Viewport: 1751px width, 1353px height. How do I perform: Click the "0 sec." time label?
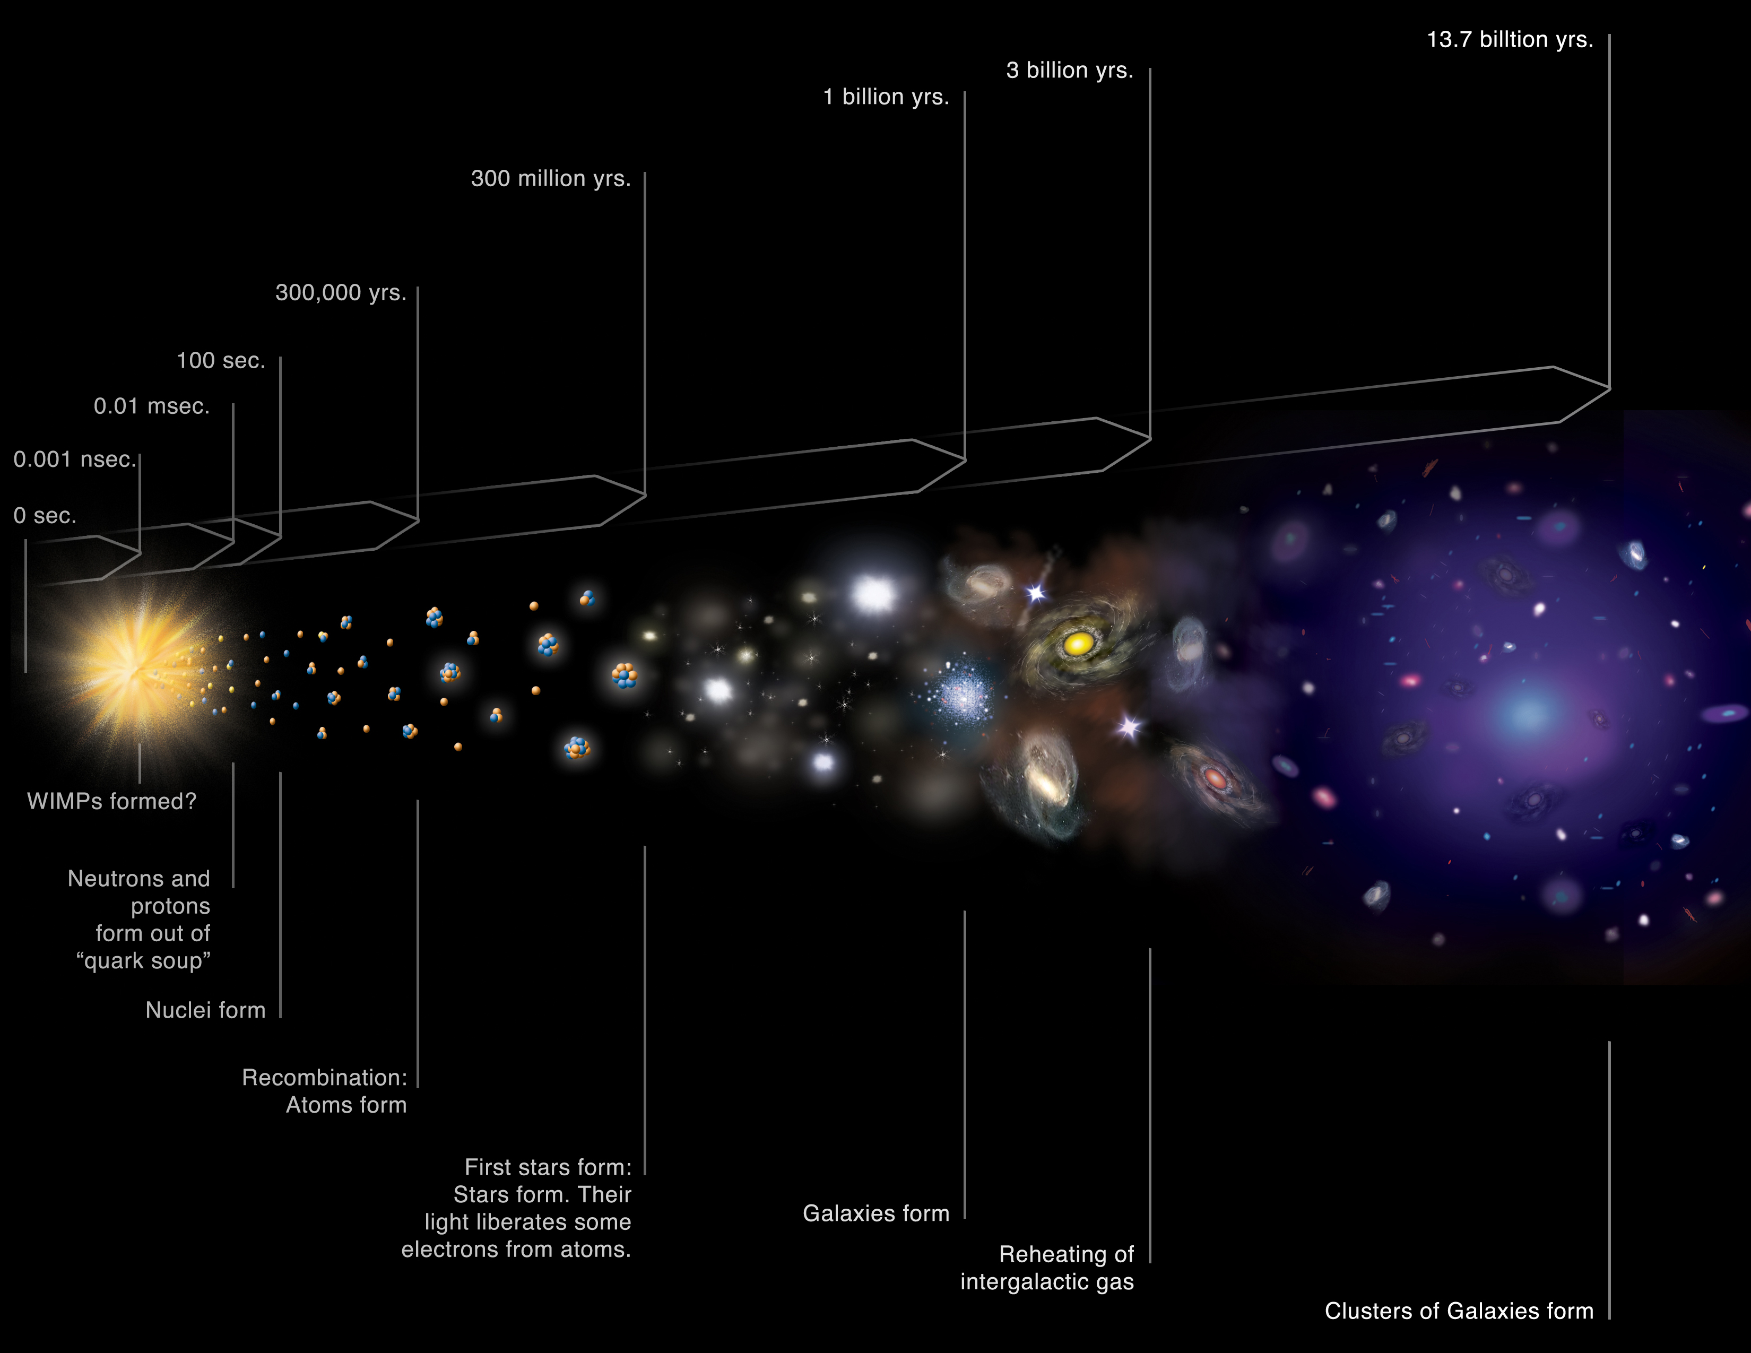click(x=45, y=515)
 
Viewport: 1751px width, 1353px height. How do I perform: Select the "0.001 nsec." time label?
click(x=75, y=459)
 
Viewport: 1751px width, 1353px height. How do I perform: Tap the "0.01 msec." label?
click(x=152, y=406)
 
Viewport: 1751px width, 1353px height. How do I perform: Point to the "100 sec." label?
click(x=221, y=361)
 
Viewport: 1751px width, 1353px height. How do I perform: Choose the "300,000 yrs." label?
click(x=341, y=292)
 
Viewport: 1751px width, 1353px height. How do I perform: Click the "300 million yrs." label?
click(x=551, y=179)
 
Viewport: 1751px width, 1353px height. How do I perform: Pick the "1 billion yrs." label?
click(x=886, y=97)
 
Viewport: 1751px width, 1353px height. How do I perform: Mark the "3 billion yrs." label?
click(x=1070, y=71)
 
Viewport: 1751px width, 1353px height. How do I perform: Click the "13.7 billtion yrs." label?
click(x=1510, y=39)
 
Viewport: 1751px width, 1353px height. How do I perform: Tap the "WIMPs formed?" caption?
click(x=111, y=802)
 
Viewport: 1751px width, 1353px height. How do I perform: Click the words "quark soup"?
click(x=143, y=961)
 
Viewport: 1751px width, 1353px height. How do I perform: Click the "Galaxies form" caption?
click(x=877, y=1213)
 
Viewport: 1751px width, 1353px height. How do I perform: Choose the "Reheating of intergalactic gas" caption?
click(x=1047, y=1268)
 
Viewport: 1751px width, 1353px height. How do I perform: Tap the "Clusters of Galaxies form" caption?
click(x=1459, y=1311)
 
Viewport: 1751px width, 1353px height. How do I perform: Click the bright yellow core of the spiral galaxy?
click(x=1078, y=643)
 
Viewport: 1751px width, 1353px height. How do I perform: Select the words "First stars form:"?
click(x=549, y=1167)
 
